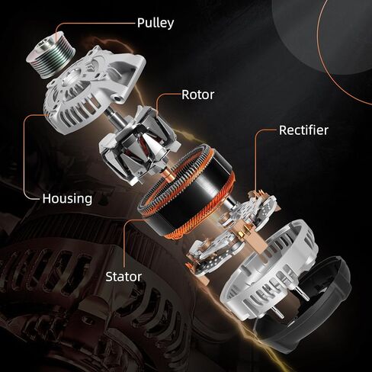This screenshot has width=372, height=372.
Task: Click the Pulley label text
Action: pyautogui.click(x=156, y=24)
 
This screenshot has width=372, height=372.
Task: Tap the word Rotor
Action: pyautogui.click(x=198, y=95)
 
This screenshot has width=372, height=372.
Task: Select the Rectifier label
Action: pyautogui.click(x=303, y=130)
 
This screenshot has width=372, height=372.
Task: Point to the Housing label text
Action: pyautogui.click(x=67, y=198)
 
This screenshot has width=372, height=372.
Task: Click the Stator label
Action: pyautogui.click(x=123, y=277)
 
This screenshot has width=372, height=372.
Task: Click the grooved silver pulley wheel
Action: pyautogui.click(x=50, y=54)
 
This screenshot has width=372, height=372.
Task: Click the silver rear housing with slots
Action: pyautogui.click(x=269, y=269)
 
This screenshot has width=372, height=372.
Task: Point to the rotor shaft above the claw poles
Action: pyautogui.click(x=114, y=114)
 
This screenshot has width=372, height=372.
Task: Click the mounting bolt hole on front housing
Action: pyautogui.click(x=117, y=98)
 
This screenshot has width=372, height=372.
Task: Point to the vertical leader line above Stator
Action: pyautogui.click(x=125, y=244)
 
